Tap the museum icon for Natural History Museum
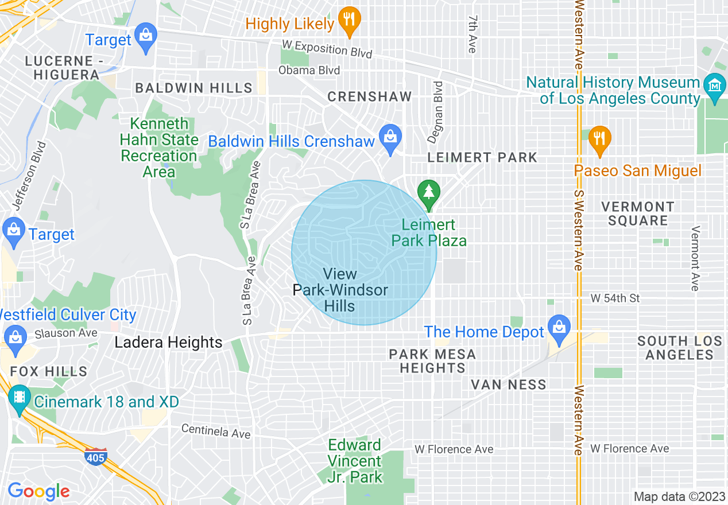[715, 86]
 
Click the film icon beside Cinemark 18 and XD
[20, 398]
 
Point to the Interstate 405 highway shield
[96, 457]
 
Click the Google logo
[38, 491]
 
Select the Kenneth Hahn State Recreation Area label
[159, 147]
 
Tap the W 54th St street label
[615, 298]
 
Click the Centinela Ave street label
[216, 431]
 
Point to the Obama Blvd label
[309, 71]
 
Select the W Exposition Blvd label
[327, 49]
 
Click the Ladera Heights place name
[168, 343]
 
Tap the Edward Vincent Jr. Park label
[355, 461]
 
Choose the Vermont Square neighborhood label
[637, 213]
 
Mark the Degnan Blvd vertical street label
[435, 112]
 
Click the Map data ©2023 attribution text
[679, 496]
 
